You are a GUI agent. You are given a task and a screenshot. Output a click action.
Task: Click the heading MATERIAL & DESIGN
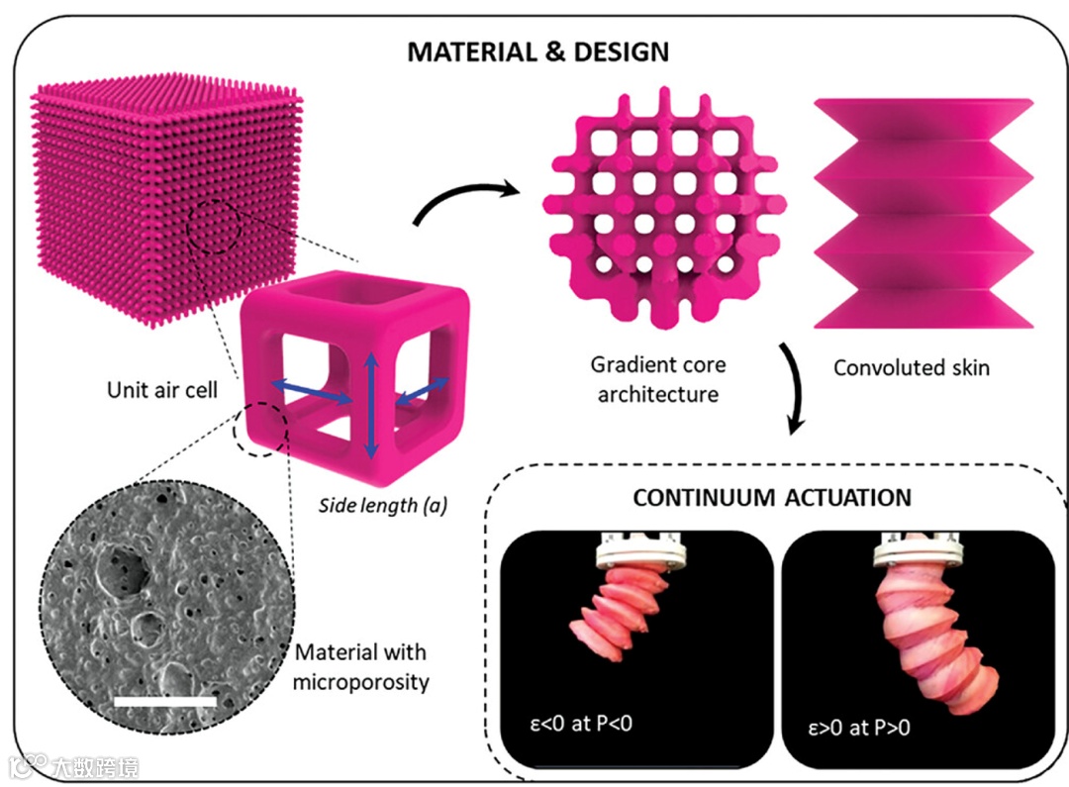[537, 50]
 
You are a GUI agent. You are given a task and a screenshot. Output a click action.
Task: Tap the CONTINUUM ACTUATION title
[772, 497]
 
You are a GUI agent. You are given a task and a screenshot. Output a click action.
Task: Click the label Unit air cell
[163, 390]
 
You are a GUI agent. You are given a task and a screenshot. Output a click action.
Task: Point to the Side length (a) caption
[382, 506]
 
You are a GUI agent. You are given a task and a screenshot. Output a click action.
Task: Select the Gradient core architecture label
[658, 379]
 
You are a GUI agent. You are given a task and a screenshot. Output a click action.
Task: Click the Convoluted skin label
[911, 368]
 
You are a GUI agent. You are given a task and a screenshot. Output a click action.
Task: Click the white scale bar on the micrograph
[165, 701]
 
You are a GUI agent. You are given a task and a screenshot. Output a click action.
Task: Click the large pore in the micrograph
[127, 564]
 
